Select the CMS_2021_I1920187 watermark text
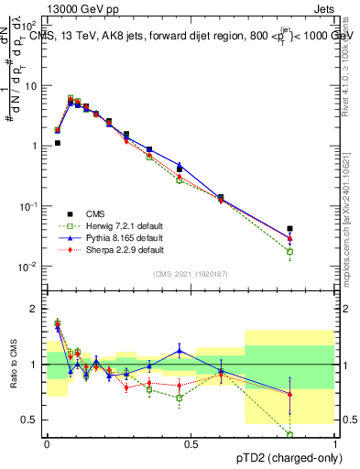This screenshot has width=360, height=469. [x=190, y=274]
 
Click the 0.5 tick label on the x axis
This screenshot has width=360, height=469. [x=191, y=442]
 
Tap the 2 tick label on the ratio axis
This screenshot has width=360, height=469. [x=33, y=309]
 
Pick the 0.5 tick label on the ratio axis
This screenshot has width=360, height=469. [x=27, y=420]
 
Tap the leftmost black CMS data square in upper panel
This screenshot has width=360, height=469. [x=57, y=143]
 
